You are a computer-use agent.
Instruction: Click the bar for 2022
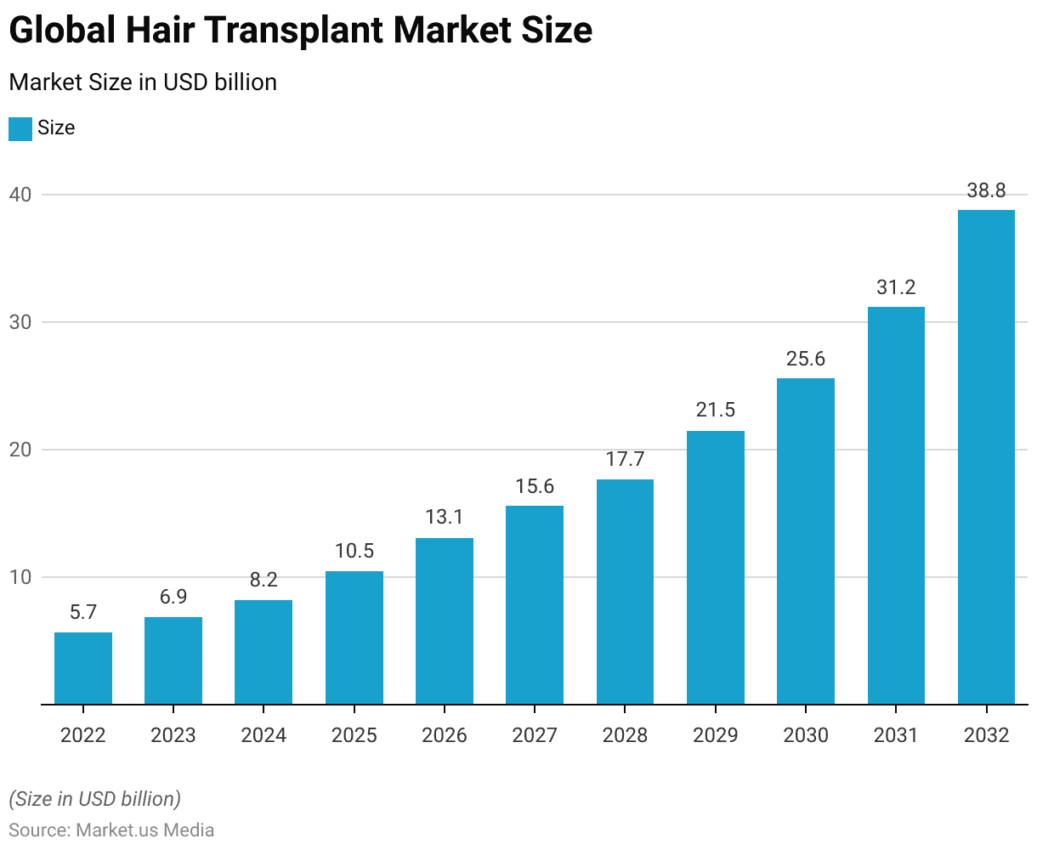(x=83, y=668)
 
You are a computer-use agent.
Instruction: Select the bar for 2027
(x=535, y=605)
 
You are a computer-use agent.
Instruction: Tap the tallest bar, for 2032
(x=986, y=457)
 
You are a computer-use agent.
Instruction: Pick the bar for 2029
(x=716, y=568)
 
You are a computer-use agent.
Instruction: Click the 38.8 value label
(x=986, y=191)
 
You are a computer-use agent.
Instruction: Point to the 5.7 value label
(x=83, y=612)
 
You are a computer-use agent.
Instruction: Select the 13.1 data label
(x=445, y=518)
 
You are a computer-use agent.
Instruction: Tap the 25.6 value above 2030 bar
(x=806, y=359)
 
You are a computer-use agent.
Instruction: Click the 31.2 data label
(x=896, y=287)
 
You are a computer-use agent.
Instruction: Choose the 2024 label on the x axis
(x=263, y=735)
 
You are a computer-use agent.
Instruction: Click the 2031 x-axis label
(x=896, y=735)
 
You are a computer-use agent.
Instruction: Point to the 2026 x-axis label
(x=445, y=735)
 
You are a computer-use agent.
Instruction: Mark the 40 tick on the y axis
(x=20, y=195)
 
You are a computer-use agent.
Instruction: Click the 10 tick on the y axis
(x=20, y=577)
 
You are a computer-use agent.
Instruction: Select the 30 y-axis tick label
(x=20, y=322)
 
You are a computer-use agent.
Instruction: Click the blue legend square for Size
(x=20, y=129)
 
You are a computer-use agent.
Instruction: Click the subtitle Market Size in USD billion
(x=143, y=82)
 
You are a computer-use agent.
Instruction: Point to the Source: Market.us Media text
(x=111, y=830)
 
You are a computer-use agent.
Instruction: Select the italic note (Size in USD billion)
(x=94, y=799)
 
